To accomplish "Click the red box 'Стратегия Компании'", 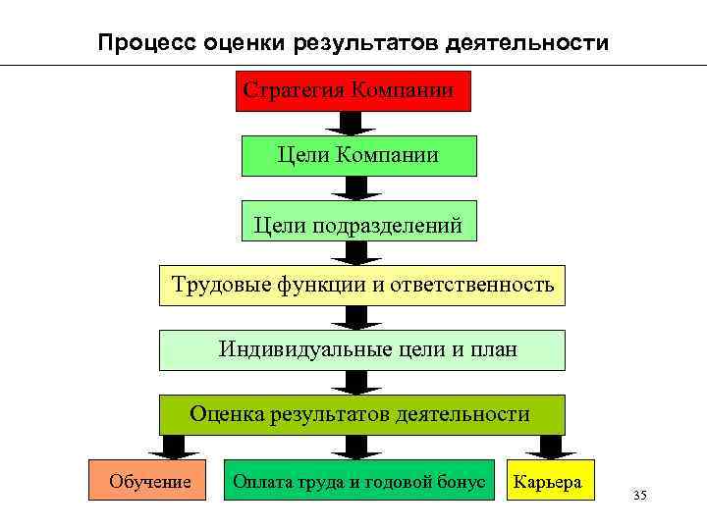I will tap(353, 91).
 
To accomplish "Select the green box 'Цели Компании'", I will tap(358, 155).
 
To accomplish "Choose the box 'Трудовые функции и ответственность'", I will tap(362, 286).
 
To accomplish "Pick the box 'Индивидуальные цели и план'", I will tap(362, 349).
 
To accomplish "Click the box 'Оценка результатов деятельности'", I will tap(362, 414).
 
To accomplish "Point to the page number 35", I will tap(640, 495).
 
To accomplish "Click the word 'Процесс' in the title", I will tap(148, 43).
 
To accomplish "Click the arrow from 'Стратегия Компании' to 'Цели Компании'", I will tap(351, 123).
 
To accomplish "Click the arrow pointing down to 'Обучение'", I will tap(178, 447).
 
